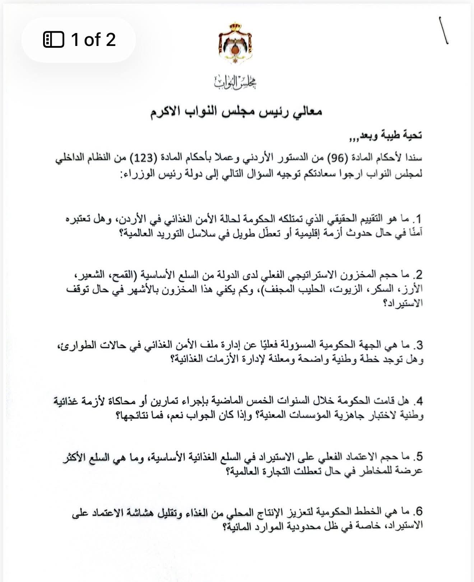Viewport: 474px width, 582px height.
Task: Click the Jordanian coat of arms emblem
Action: coord(235,43)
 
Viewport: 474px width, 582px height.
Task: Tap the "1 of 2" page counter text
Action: coord(93,39)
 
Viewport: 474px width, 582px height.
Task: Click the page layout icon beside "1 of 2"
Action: coord(54,39)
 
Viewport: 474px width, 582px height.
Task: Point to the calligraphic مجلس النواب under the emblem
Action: coord(236,82)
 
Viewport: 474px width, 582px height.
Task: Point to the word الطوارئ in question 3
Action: coord(73,345)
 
